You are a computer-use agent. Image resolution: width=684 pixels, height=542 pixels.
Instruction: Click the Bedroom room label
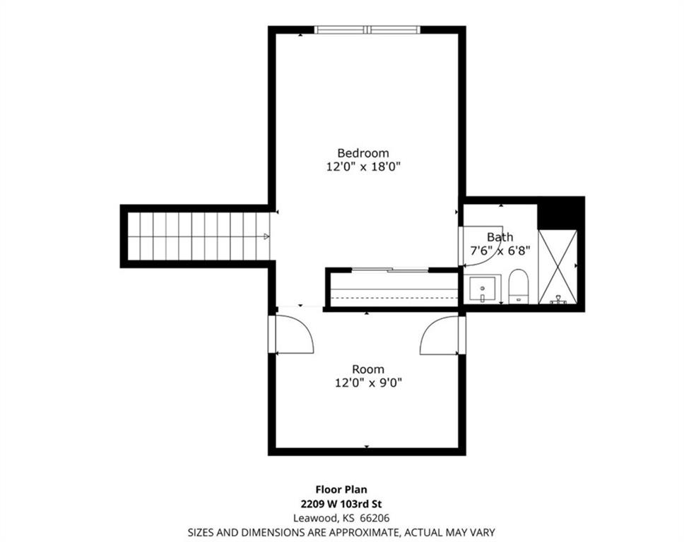pyautogui.click(x=363, y=153)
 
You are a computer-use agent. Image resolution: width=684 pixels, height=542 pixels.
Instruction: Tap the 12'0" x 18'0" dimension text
pyautogui.click(x=363, y=167)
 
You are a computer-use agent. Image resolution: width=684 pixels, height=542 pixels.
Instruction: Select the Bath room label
pyautogui.click(x=500, y=237)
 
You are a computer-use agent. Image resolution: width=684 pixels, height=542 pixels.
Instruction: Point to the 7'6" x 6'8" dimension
pyautogui.click(x=500, y=251)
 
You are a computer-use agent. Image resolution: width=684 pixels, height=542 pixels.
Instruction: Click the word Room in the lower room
pyautogui.click(x=368, y=370)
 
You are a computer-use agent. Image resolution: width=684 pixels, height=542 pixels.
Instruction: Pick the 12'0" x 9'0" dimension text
pyautogui.click(x=368, y=383)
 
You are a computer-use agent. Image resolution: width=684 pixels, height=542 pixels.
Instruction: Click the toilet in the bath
pyautogui.click(x=518, y=287)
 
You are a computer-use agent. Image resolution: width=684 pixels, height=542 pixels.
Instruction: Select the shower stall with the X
pyautogui.click(x=558, y=267)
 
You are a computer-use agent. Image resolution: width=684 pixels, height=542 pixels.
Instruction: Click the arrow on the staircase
pyautogui.click(x=266, y=236)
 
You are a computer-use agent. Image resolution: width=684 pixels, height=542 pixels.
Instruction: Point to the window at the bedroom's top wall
pyautogui.click(x=367, y=30)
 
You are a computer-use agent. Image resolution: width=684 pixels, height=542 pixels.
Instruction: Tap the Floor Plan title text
pyautogui.click(x=341, y=490)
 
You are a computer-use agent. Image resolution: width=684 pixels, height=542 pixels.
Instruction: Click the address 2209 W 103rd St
pyautogui.click(x=341, y=504)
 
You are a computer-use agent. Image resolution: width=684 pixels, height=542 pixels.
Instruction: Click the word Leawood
pyautogui.click(x=316, y=519)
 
